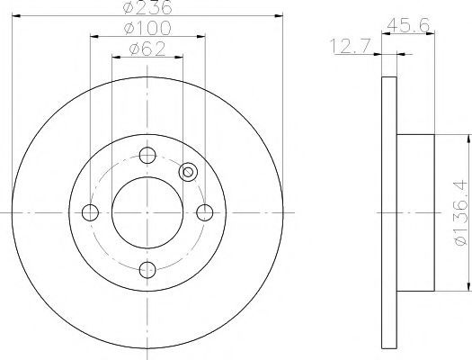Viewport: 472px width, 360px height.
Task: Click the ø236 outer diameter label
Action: (147, 6)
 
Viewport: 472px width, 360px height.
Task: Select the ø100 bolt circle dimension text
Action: (147, 28)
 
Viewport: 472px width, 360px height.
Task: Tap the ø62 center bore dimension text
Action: (147, 49)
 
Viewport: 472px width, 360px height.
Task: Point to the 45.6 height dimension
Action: (408, 25)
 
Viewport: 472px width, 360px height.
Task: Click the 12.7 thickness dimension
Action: (350, 47)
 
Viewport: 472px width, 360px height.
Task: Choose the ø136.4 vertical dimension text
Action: (463, 212)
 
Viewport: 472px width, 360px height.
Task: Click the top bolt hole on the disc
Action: (147, 156)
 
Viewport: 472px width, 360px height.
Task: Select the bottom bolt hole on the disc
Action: (147, 270)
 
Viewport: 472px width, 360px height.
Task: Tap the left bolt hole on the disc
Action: (90, 212)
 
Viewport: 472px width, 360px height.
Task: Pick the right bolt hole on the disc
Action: (205, 212)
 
